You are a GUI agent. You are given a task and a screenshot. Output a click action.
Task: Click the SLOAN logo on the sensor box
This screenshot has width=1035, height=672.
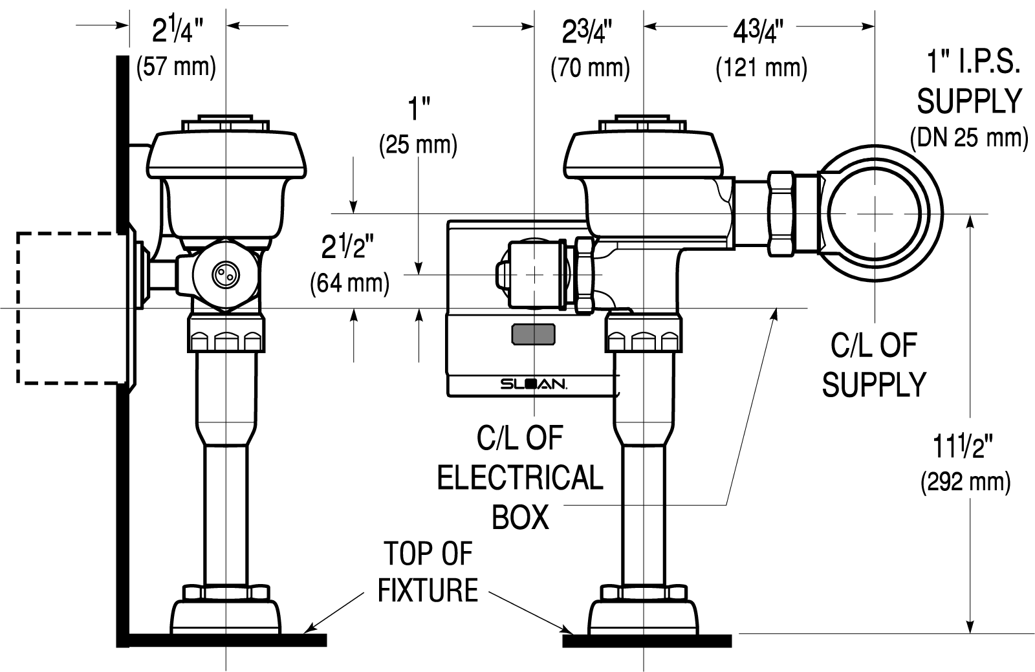[534, 384]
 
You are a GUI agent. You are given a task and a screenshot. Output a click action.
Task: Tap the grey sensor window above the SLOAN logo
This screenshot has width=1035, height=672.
[534, 334]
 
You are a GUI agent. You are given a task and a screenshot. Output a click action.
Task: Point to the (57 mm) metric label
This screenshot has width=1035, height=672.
[176, 67]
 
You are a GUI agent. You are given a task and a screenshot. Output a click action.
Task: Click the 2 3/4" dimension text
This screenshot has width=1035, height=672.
[587, 32]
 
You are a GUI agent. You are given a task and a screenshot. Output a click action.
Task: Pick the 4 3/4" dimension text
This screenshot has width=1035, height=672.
[758, 32]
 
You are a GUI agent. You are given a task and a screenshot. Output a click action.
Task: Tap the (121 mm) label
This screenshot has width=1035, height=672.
[761, 68]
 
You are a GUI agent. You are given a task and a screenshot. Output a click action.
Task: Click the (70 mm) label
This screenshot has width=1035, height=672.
[590, 68]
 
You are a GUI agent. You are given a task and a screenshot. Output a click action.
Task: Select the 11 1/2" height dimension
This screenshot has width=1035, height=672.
[963, 447]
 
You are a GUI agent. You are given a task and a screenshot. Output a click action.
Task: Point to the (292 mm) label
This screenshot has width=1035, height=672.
[966, 482]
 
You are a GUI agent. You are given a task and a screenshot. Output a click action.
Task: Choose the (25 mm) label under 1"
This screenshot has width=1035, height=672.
[418, 145]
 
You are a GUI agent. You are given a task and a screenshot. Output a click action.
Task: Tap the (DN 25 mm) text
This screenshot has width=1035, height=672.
[970, 137]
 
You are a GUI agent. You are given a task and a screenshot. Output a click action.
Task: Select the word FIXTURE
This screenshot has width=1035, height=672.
[428, 590]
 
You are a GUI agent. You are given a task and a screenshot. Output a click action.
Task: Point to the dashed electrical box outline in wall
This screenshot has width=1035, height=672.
[18, 308]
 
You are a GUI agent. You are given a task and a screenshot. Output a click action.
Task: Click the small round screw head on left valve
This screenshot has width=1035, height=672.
[226, 274]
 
